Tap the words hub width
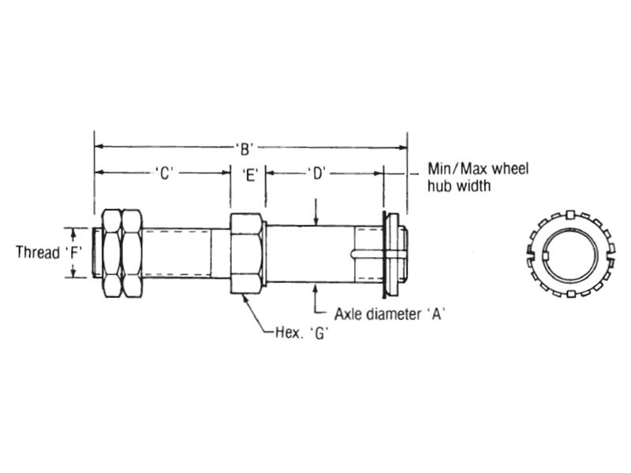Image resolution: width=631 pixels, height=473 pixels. point(459,187)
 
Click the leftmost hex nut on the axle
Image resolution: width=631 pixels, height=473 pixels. point(111,252)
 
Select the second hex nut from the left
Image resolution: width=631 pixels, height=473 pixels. point(132,252)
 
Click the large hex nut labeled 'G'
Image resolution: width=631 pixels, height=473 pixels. point(247,253)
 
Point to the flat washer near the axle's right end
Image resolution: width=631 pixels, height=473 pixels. point(387,251)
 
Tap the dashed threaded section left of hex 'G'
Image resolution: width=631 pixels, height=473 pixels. point(177,252)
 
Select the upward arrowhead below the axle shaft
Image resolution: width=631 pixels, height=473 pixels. point(315,286)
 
